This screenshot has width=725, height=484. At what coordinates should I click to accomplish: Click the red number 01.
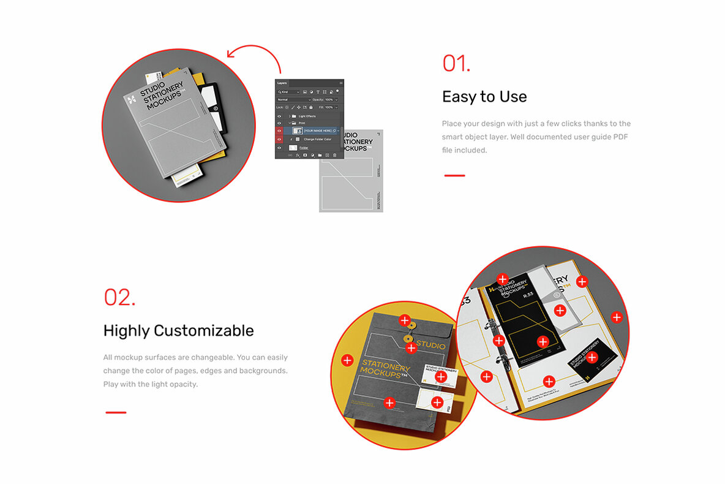point(456,64)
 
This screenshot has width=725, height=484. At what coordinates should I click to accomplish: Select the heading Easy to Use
point(484,97)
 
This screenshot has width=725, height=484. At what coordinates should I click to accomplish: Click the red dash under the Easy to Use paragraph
point(454,175)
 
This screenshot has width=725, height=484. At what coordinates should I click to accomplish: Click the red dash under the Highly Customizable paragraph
point(116,412)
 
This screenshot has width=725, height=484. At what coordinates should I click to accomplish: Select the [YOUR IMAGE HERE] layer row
point(317,130)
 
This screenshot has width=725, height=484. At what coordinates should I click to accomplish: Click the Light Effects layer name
point(307,116)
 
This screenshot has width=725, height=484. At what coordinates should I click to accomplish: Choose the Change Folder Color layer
point(318,139)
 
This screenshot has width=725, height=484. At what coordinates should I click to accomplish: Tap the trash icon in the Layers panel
point(335,156)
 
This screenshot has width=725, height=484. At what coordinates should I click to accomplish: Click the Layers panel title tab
point(282,83)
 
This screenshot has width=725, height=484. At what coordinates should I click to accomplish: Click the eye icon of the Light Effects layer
point(279,116)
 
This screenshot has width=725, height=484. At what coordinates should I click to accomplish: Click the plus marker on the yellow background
point(347,360)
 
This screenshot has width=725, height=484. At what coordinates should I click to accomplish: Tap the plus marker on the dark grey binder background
point(617,317)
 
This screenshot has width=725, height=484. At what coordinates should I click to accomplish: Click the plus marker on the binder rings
point(498,340)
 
